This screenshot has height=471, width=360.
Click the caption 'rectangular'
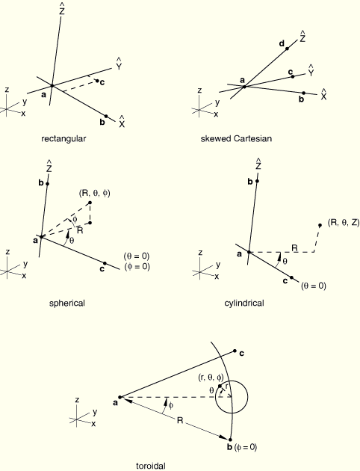(63, 139)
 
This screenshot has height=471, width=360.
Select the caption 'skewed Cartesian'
(236, 138)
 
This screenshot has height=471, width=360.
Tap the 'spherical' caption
(67, 303)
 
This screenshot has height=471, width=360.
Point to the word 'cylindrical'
(244, 303)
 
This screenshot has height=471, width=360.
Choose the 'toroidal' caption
(151, 466)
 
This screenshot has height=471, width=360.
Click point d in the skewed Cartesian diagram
(287, 49)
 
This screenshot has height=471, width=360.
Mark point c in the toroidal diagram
(235, 351)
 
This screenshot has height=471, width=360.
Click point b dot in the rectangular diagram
(106, 116)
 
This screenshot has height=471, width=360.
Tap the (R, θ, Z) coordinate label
(344, 223)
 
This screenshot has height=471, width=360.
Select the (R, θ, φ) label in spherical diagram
(95, 194)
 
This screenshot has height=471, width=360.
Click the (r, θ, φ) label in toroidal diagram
(211, 378)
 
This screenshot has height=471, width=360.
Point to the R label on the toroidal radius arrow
(180, 420)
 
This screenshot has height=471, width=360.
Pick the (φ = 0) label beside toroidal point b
(246, 447)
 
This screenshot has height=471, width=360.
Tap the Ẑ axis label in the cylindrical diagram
(258, 164)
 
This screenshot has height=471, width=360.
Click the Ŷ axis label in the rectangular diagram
(119, 64)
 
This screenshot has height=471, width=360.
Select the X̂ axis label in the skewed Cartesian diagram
(323, 94)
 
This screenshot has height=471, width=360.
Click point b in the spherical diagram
(47, 183)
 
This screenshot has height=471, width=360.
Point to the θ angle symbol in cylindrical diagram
(285, 262)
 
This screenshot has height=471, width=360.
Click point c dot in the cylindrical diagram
(291, 277)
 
